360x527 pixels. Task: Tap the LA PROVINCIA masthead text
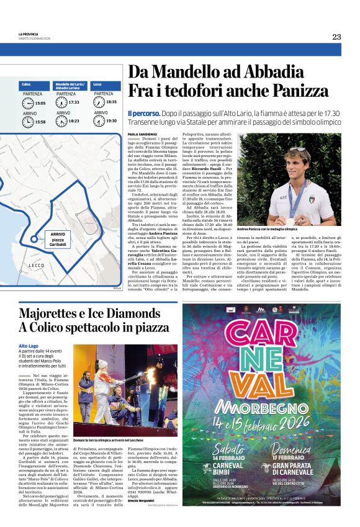[x=29, y=34]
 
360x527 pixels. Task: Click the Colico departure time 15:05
[x=40, y=103]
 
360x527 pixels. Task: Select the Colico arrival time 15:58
[x=40, y=122]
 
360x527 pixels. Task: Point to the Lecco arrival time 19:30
[x=111, y=121]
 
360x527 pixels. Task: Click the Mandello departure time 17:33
[x=74, y=102]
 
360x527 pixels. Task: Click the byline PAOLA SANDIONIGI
[x=142, y=133]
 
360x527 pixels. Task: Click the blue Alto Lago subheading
[x=29, y=345]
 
